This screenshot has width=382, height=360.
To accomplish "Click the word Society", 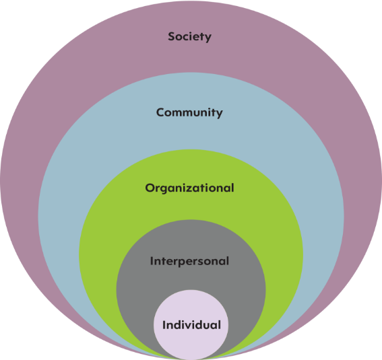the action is click(189, 37).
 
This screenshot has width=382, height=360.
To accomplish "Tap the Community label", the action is click(189, 112).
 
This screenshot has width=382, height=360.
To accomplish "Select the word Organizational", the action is click(189, 188).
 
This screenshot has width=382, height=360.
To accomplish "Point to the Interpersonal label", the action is click(189, 261).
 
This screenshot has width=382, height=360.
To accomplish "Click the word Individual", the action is click(191, 325).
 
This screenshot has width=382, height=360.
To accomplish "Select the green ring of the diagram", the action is click(98, 256).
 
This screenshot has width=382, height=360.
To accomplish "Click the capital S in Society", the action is click(172, 36).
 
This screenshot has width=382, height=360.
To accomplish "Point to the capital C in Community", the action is click(160, 112).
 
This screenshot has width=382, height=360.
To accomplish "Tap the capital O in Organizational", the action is click(150, 188).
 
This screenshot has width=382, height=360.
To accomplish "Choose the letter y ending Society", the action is click(208, 38).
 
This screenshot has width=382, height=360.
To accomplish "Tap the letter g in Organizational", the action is click(166, 190).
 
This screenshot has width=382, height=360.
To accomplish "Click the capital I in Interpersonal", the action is click(152, 261).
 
